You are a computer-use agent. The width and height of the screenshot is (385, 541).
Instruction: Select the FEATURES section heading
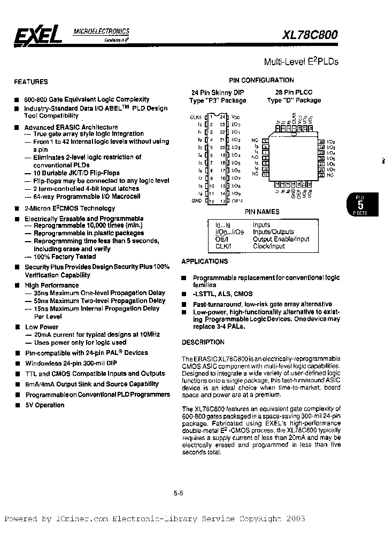click(30, 82)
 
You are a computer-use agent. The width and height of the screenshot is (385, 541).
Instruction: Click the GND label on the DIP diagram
click(197, 200)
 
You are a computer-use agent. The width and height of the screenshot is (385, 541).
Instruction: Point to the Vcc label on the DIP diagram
click(236, 116)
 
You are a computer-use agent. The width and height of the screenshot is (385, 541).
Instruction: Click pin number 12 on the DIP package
click(211, 201)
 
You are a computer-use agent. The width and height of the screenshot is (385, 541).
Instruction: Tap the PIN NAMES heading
click(262, 212)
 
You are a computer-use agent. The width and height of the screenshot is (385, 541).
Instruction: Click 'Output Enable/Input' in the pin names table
click(281, 239)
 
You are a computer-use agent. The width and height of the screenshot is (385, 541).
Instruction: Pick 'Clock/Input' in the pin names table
click(269, 246)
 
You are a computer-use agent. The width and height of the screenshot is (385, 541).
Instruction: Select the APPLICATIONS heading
click(204, 261)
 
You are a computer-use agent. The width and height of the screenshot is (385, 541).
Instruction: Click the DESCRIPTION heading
click(203, 342)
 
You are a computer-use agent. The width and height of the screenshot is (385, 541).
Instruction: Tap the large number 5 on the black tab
click(360, 204)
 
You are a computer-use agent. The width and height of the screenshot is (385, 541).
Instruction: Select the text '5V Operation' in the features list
click(45, 405)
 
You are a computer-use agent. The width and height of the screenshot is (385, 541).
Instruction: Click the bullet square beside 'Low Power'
click(18, 327)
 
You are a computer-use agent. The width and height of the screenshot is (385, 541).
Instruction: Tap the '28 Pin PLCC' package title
click(289, 92)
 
